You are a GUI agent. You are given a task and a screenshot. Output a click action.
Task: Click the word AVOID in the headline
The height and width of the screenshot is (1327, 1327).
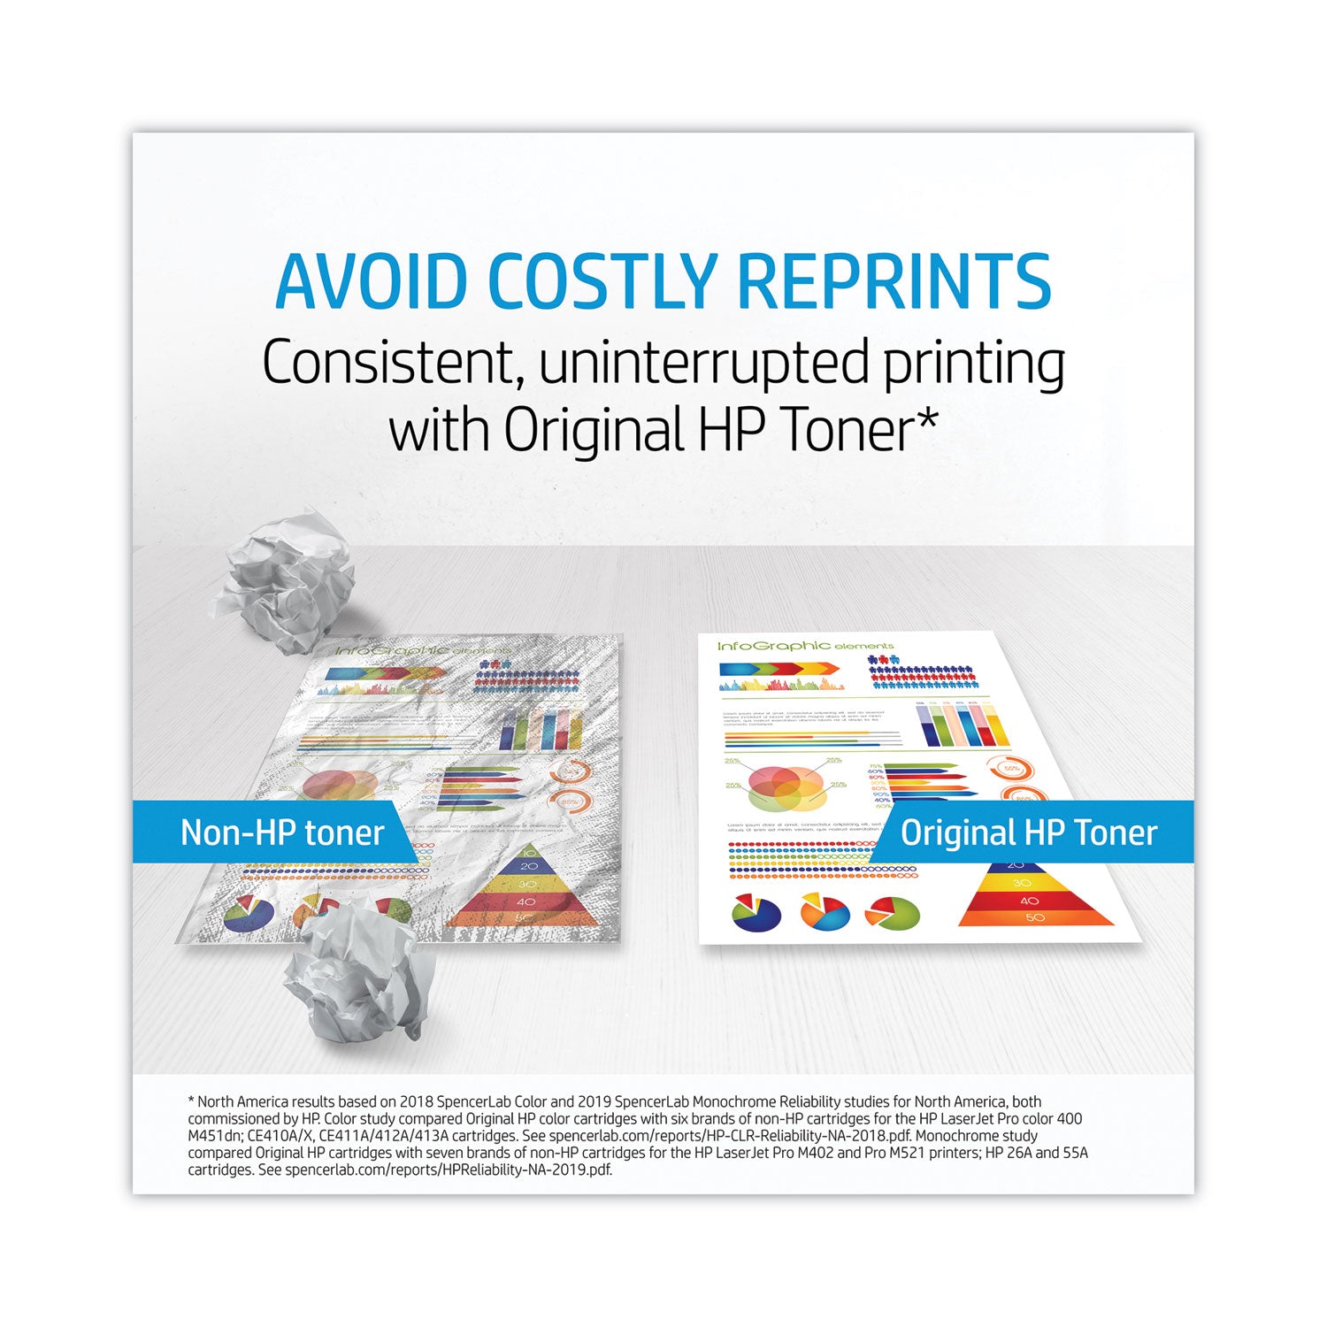[372, 281]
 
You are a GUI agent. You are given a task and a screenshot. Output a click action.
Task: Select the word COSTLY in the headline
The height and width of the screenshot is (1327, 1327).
[602, 281]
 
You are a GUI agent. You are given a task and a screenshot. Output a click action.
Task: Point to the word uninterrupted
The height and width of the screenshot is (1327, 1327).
[690, 364]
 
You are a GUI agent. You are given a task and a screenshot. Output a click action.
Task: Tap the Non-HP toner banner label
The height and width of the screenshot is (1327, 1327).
[282, 832]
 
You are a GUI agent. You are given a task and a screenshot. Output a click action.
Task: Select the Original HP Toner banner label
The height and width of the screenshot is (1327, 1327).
[1029, 832]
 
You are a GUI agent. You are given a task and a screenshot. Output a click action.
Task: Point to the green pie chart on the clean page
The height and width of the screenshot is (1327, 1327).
[894, 913]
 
